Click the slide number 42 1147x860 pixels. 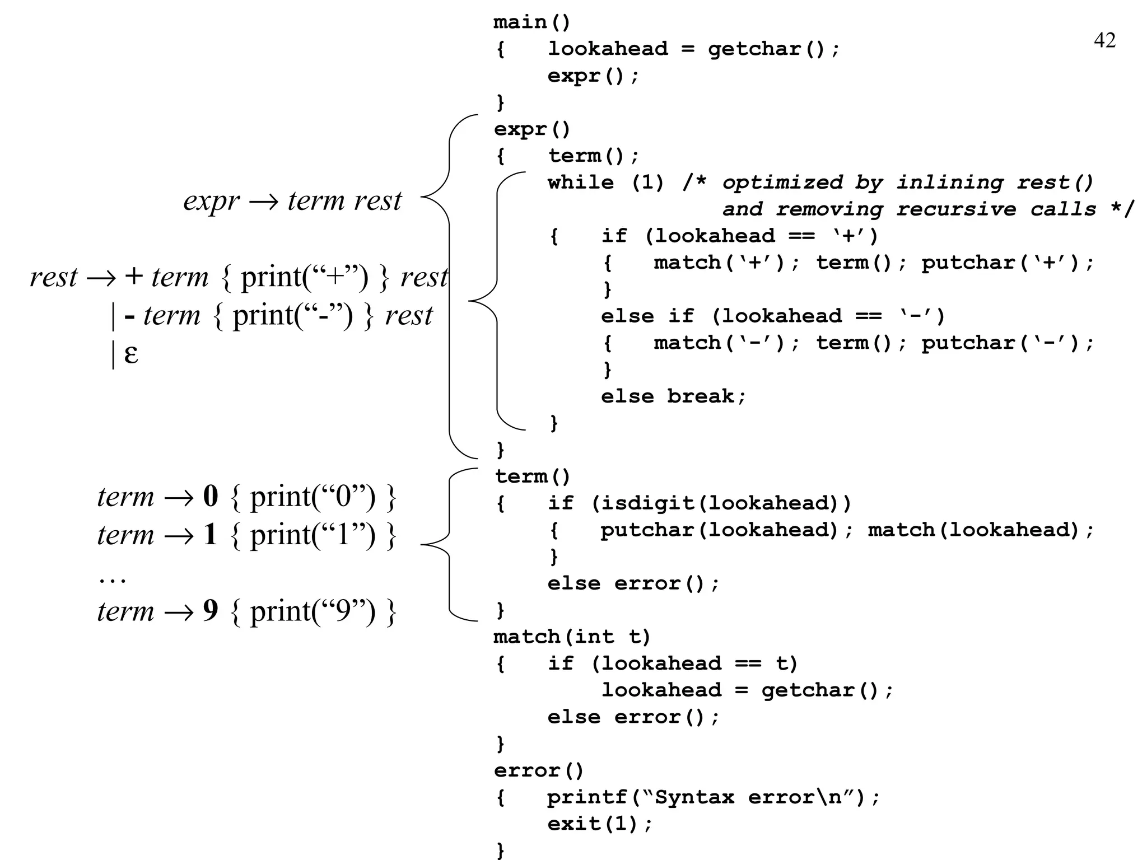pos(1104,41)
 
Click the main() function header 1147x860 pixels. pos(531,22)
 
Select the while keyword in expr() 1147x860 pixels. pos(580,183)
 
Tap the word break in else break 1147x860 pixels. pos(700,396)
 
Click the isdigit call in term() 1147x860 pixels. pos(644,503)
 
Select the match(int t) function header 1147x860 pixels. pos(571,637)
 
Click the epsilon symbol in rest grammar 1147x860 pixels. pos(130,354)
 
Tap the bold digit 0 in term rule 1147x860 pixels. pos(210,496)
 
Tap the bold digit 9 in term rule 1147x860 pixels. pos(210,610)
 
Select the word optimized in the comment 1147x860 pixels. pos(782,183)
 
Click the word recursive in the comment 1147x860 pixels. pos(955,209)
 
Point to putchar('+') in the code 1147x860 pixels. pos(1006,263)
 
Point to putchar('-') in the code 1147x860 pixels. pos(1006,343)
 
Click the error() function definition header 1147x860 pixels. pos(538,770)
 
